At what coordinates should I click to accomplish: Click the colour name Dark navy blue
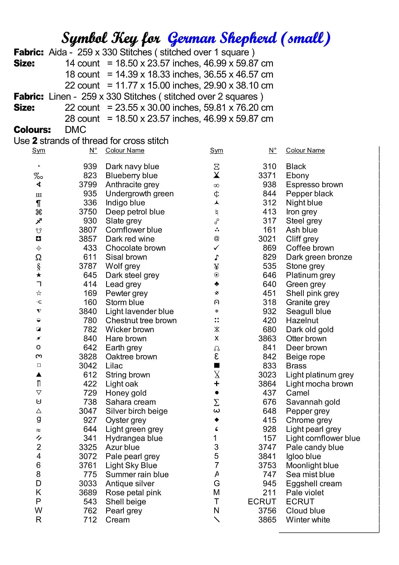click(x=132, y=166)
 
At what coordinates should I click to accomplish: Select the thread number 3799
click(x=88, y=185)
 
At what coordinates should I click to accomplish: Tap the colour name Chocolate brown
click(x=136, y=248)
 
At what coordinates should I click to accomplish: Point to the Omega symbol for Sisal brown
click(x=38, y=257)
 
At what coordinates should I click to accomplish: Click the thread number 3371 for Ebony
click(x=267, y=176)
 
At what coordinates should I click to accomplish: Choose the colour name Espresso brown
click(x=314, y=185)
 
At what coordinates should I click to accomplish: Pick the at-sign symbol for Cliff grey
click(x=216, y=239)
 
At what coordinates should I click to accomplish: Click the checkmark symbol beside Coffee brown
click(x=216, y=248)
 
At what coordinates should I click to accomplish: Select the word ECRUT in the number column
click(x=262, y=502)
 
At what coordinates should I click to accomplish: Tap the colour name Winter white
click(x=308, y=520)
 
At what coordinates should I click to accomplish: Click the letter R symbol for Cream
click(x=38, y=520)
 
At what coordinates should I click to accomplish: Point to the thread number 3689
click(x=88, y=493)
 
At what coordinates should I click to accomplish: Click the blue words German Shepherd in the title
click(x=222, y=38)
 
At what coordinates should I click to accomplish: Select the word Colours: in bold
click(x=32, y=130)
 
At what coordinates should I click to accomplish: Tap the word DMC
click(x=76, y=130)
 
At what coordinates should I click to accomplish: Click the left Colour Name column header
click(x=125, y=151)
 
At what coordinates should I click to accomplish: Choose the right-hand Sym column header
click(x=216, y=151)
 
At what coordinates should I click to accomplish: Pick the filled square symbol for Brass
click(x=216, y=366)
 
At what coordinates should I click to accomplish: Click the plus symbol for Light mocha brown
click(x=216, y=384)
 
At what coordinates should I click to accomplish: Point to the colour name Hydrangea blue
click(x=134, y=438)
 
